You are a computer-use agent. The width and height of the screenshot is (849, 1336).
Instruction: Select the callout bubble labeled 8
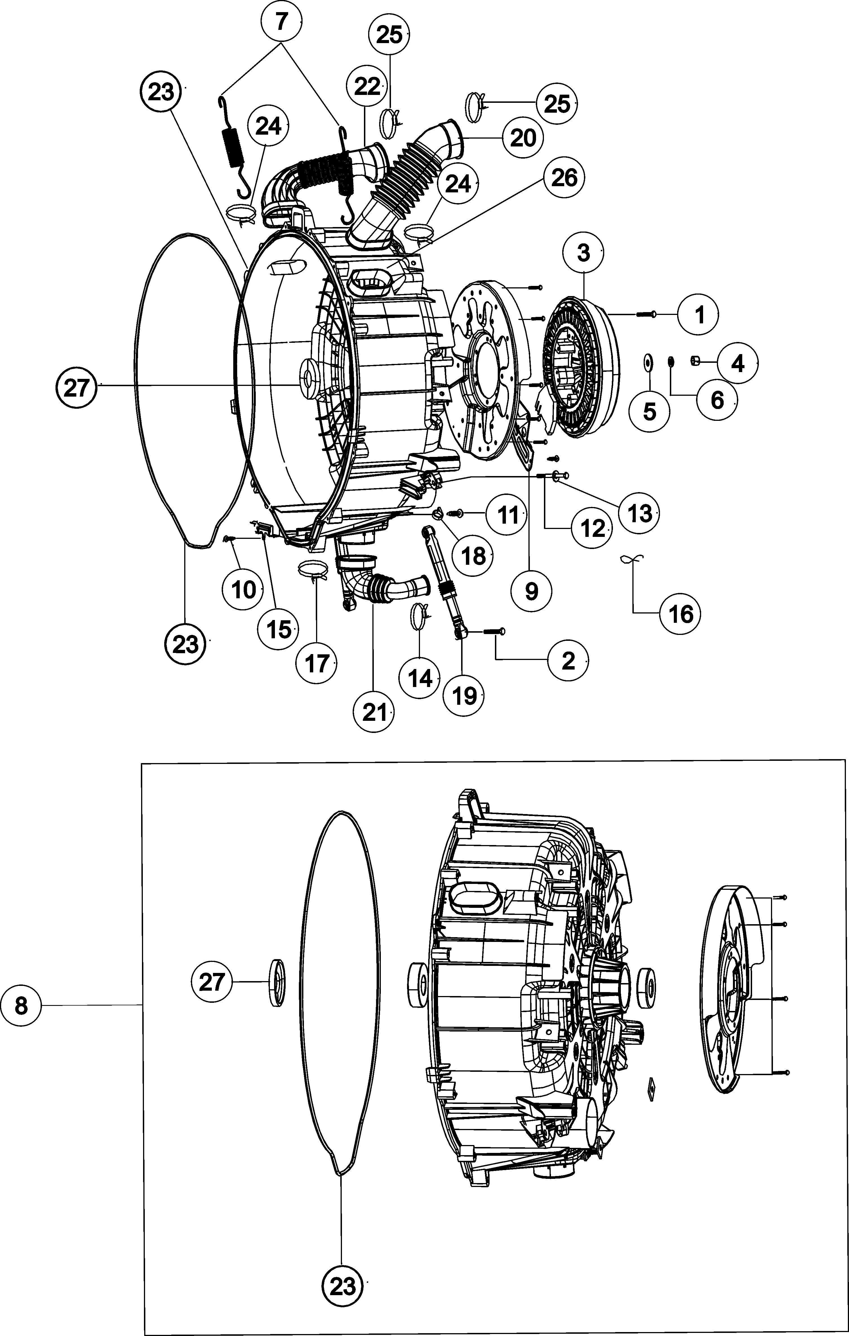coord(21,1005)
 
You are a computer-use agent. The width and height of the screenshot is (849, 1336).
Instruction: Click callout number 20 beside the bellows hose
coord(523,137)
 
